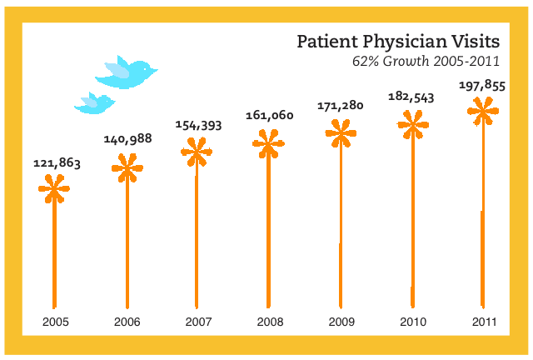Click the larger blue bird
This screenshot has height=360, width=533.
(127, 72)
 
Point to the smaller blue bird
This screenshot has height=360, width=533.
(94, 102)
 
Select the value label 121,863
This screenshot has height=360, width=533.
(57, 163)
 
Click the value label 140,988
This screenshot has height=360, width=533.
(127, 139)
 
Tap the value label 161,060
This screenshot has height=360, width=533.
(269, 115)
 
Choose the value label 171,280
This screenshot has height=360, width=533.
(341, 106)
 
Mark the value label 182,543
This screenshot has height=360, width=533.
(411, 97)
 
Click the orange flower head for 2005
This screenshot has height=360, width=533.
(54, 189)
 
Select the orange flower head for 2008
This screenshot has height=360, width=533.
(268, 145)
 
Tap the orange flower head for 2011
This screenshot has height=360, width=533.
(482, 110)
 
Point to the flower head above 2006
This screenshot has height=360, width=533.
(127, 168)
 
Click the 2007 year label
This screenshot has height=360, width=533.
(198, 322)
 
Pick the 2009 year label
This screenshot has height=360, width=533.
(341, 322)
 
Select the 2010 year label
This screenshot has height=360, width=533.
(412, 322)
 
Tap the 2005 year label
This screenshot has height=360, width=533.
(55, 322)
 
